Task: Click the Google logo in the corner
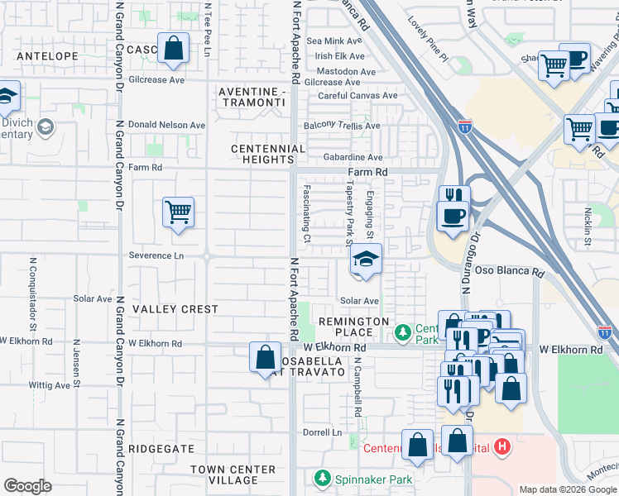(27, 486)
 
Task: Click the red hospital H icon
(501, 448)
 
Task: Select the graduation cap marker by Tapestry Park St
(365, 260)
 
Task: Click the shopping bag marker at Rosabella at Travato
(265, 358)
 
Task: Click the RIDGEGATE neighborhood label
(162, 449)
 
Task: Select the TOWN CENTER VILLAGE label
(232, 475)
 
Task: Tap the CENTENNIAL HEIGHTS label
(268, 154)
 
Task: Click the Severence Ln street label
(156, 255)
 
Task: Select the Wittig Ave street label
(49, 385)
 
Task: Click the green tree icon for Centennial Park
(402, 333)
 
